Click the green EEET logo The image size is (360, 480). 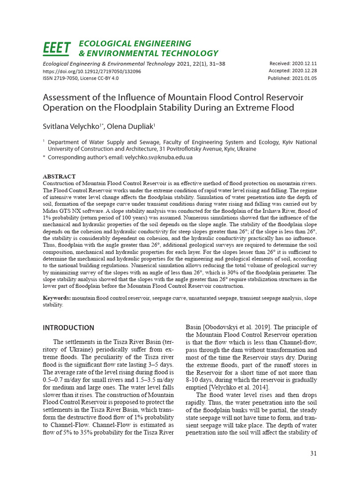(x=57, y=48)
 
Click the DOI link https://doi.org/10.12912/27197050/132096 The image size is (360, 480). (x=92, y=71)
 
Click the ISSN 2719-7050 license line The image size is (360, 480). (x=81, y=78)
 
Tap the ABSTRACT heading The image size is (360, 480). (x=59, y=177)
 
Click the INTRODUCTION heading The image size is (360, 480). (x=68, y=328)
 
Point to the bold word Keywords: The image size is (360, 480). (x=57, y=298)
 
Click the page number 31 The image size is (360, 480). (x=314, y=453)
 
